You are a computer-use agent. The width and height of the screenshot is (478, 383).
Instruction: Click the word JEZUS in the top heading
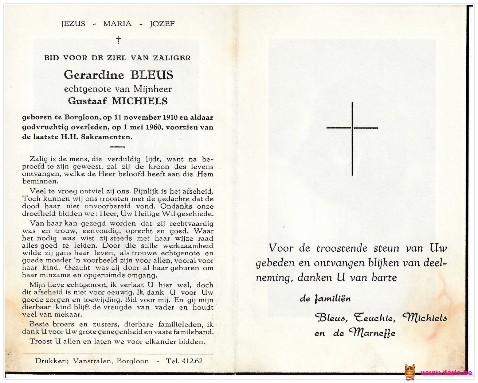point(73,24)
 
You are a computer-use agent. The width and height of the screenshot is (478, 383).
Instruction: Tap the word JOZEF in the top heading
point(162,24)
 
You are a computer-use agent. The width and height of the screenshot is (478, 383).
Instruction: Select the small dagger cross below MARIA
point(118,40)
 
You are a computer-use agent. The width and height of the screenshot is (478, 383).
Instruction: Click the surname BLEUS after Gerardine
point(152,75)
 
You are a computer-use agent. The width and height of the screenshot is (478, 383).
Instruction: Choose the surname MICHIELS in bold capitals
point(140,101)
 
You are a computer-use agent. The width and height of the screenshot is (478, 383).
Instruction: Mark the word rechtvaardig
point(191,224)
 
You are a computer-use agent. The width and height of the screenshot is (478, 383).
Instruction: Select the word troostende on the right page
point(342,248)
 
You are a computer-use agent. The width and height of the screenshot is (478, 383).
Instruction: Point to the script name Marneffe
point(372,333)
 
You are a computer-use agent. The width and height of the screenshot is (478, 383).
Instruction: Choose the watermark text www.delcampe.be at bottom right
point(447,373)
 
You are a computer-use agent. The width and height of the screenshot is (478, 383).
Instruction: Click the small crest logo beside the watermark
point(410,372)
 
